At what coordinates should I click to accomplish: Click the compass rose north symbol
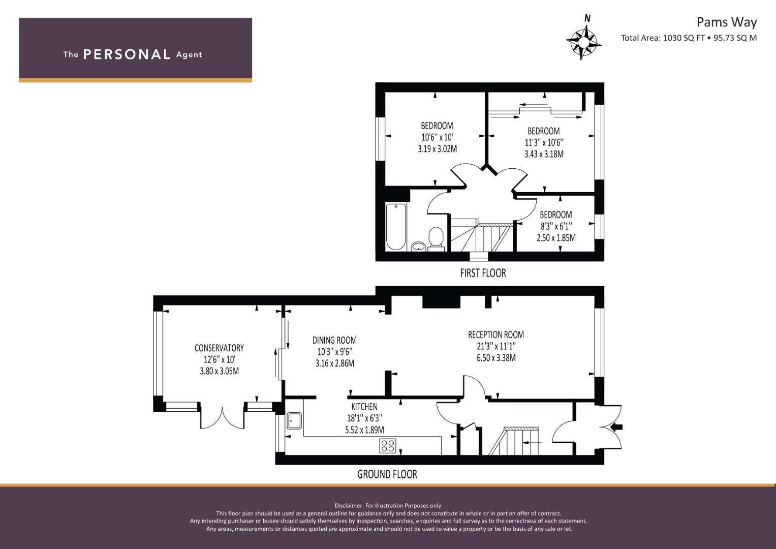583,41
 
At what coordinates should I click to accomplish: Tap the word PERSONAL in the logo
127,54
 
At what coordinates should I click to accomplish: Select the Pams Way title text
727,22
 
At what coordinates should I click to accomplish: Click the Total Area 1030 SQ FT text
663,38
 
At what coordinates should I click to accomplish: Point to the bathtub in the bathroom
396,227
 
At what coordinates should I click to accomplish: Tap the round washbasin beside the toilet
419,247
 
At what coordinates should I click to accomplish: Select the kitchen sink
294,421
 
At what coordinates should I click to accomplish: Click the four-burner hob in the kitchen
388,446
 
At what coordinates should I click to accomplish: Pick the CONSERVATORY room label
220,348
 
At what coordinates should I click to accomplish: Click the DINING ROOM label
335,341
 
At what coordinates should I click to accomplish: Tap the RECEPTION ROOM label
496,335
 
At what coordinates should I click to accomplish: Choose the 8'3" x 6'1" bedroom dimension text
556,226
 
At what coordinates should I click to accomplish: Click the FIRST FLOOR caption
483,273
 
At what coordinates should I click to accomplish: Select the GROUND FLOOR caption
387,474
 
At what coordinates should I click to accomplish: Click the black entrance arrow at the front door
617,428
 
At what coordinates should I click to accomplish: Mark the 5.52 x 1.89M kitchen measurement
364,430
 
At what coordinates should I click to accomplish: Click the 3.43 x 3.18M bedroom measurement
544,154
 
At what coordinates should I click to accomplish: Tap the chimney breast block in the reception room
441,302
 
